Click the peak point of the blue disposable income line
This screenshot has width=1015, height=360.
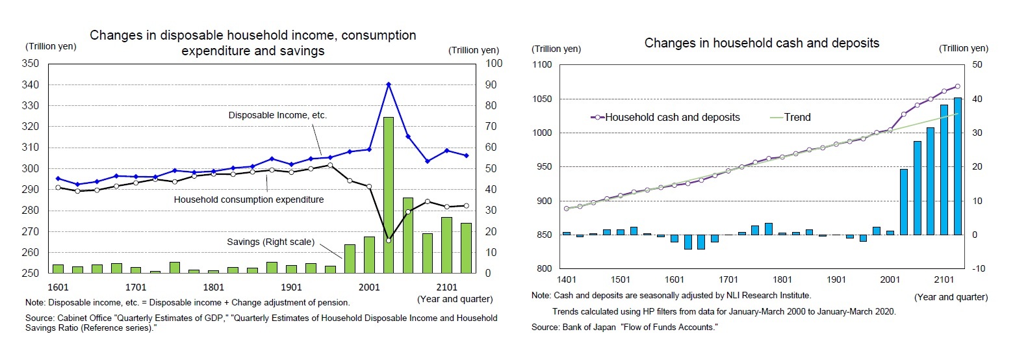pos(388,84)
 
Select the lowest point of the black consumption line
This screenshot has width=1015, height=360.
pos(388,240)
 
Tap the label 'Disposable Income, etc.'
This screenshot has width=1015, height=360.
pos(277,115)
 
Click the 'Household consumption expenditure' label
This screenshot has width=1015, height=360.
pos(248,199)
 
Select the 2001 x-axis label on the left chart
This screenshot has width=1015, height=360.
pos(369,286)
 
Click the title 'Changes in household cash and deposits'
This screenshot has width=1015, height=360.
pos(762,43)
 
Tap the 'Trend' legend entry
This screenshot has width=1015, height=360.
pos(797,118)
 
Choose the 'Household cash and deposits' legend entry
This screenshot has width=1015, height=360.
pos(672,118)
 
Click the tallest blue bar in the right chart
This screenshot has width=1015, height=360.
pos(957,166)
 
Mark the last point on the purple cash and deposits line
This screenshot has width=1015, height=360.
pos(957,86)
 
